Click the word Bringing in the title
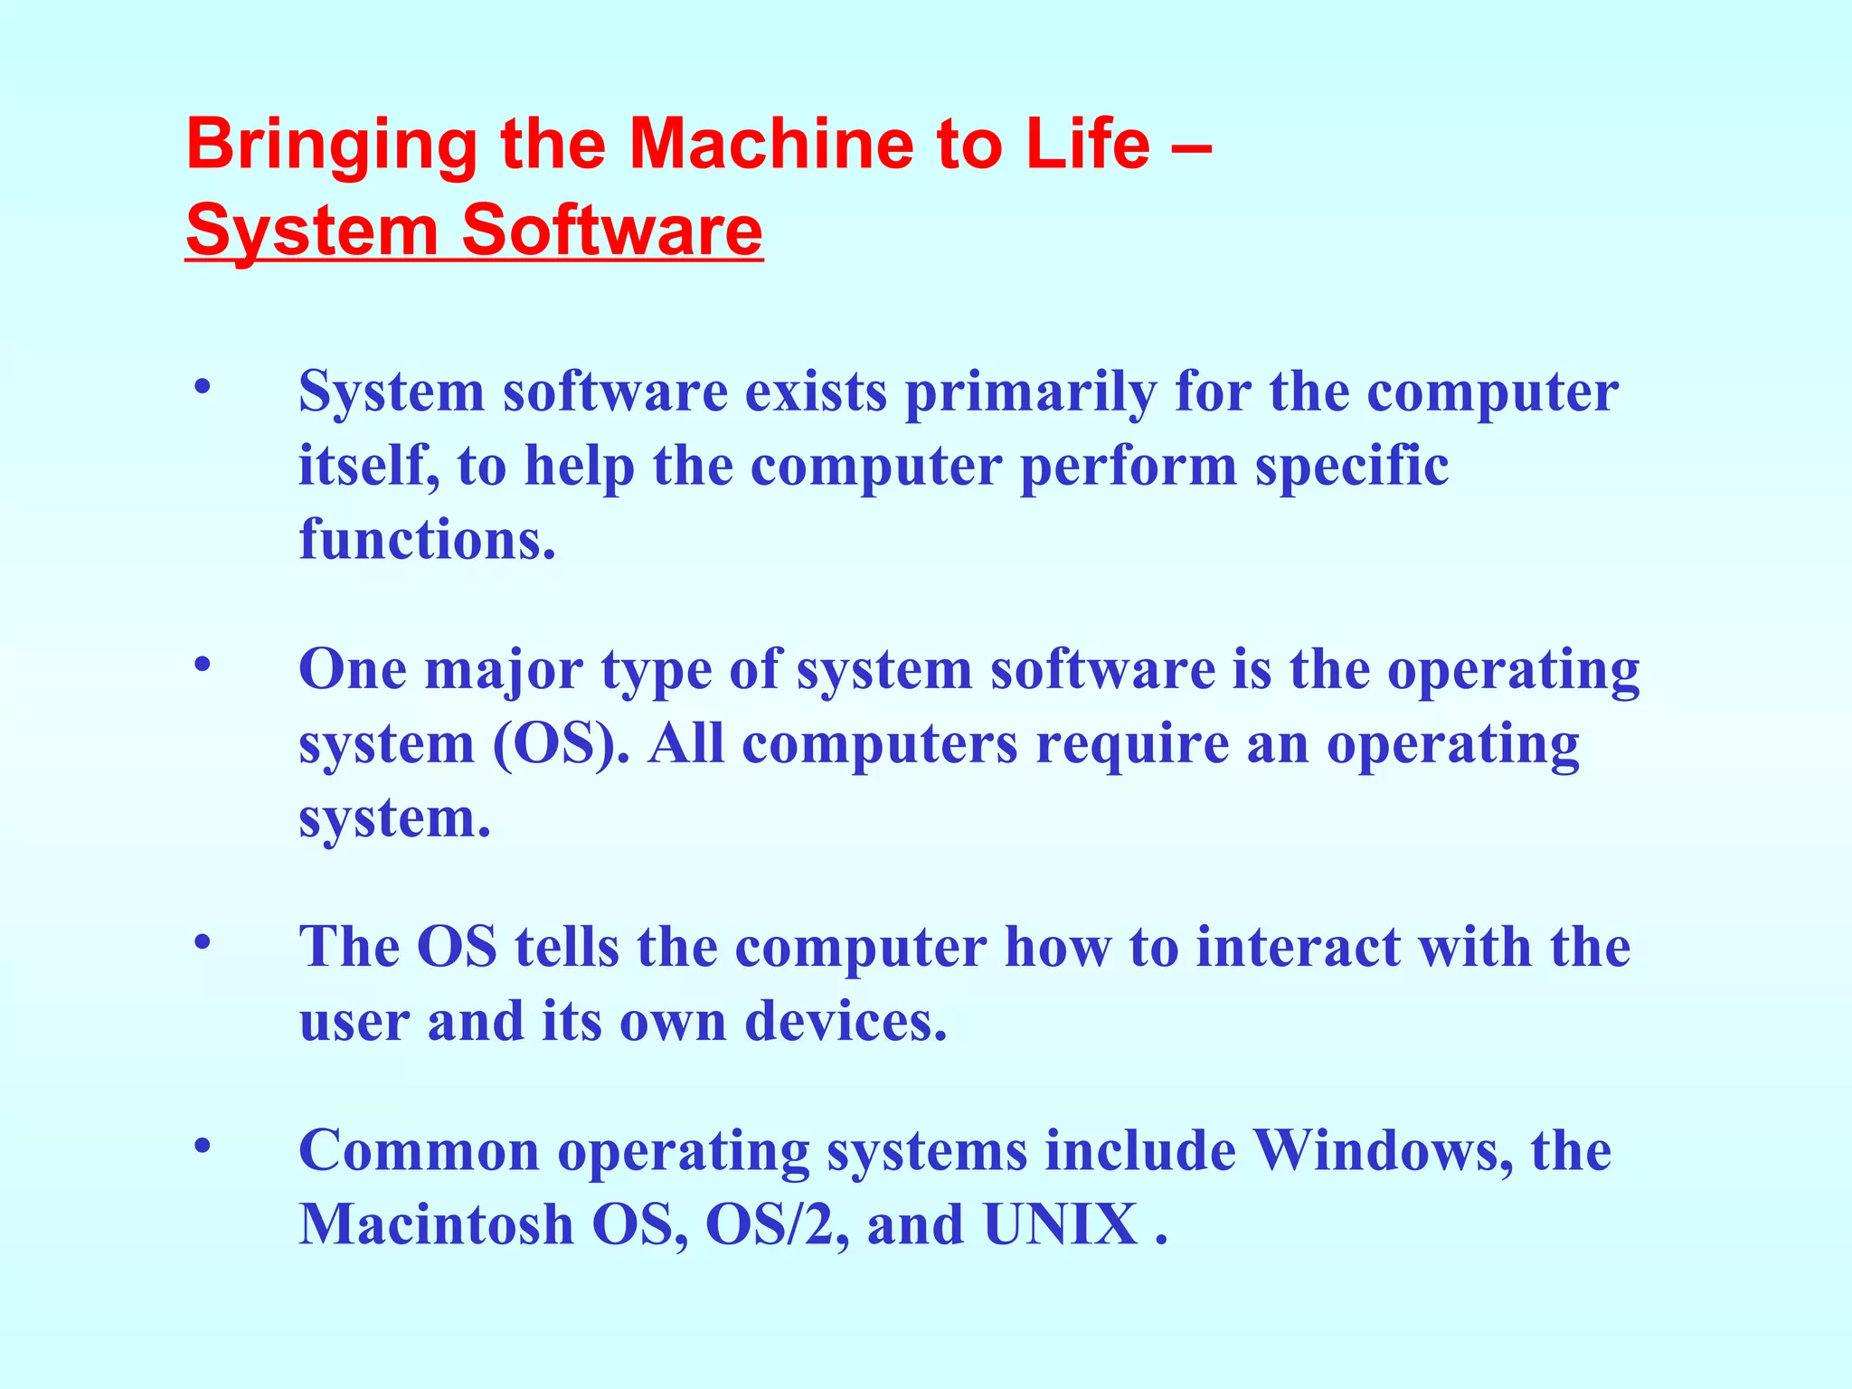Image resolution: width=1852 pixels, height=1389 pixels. pos(331,146)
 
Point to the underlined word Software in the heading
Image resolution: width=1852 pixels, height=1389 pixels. pos(611,231)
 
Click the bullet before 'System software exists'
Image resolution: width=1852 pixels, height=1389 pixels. pos(203,387)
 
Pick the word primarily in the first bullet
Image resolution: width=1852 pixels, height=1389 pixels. pos(1030,393)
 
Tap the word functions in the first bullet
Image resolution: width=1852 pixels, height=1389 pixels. pos(427,540)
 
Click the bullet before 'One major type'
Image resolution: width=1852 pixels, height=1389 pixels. pos(203,665)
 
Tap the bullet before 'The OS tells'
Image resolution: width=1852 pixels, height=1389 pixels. pos(203,942)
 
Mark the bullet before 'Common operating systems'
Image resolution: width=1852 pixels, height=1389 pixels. pos(203,1146)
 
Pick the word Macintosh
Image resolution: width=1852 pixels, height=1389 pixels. pos(436,1225)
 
